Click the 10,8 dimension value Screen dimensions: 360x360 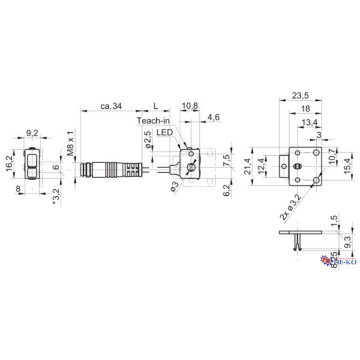[189, 106]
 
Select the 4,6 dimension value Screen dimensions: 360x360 [214, 116]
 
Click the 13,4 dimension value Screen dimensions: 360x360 [309, 123]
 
